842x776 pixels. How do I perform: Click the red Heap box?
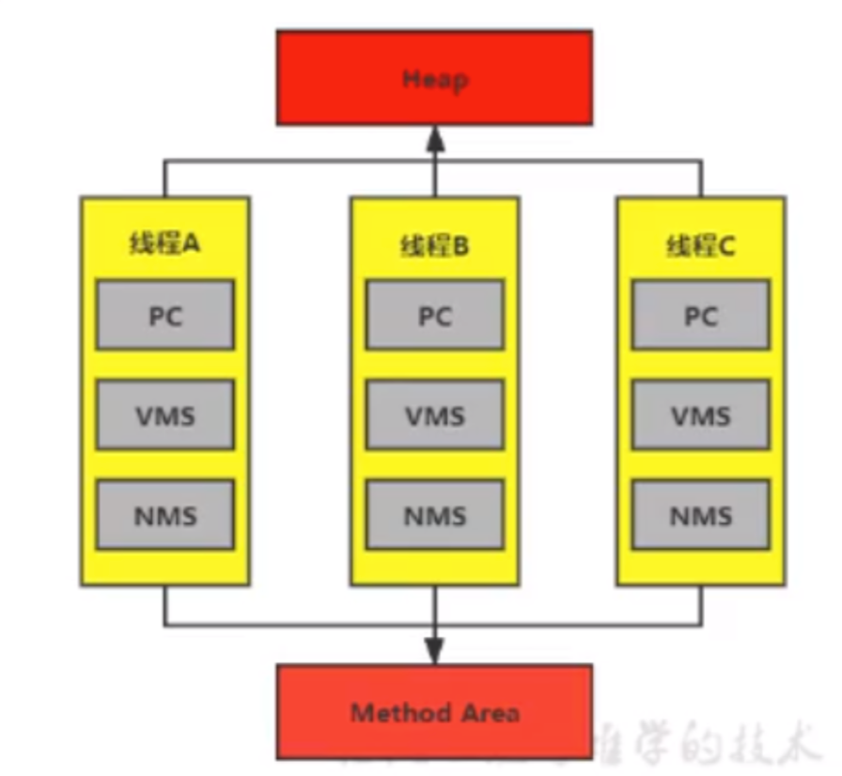click(433, 78)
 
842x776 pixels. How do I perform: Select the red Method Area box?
click(433, 711)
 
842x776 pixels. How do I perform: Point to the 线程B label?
click(434, 246)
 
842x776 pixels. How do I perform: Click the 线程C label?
click(701, 246)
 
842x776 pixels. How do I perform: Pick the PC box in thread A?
click(164, 315)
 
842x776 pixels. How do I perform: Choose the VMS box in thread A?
click(164, 414)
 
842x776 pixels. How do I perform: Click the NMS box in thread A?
click(164, 514)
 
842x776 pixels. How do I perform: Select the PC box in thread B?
click(434, 315)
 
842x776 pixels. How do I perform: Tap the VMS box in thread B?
click(434, 414)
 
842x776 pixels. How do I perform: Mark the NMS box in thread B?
click(434, 514)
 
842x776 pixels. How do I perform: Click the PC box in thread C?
click(701, 315)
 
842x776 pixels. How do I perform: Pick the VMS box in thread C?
click(701, 414)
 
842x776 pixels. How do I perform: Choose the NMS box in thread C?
click(701, 514)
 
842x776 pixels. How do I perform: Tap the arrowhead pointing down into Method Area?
click(434, 650)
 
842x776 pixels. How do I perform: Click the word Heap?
click(434, 79)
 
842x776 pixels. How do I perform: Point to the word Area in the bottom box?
click(488, 712)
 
